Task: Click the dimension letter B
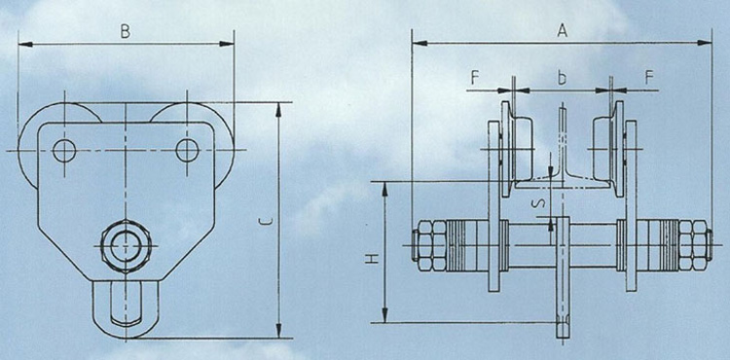coord(125,32)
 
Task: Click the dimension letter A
coord(563,31)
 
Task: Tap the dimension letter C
coord(266,223)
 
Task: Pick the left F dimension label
coord(474,78)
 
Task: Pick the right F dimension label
coord(648,78)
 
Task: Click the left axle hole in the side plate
coord(64,150)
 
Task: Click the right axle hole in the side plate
coord(187,150)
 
